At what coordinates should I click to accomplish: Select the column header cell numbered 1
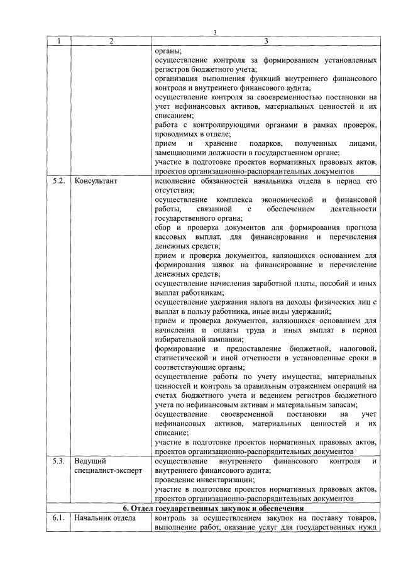(59, 41)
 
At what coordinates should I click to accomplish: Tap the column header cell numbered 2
(110, 41)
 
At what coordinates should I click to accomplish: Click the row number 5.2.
(59, 181)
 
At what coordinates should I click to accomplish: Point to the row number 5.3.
(59, 462)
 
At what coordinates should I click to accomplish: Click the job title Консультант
(96, 181)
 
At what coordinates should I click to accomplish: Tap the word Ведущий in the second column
(90, 462)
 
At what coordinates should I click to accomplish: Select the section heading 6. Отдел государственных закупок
(214, 507)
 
